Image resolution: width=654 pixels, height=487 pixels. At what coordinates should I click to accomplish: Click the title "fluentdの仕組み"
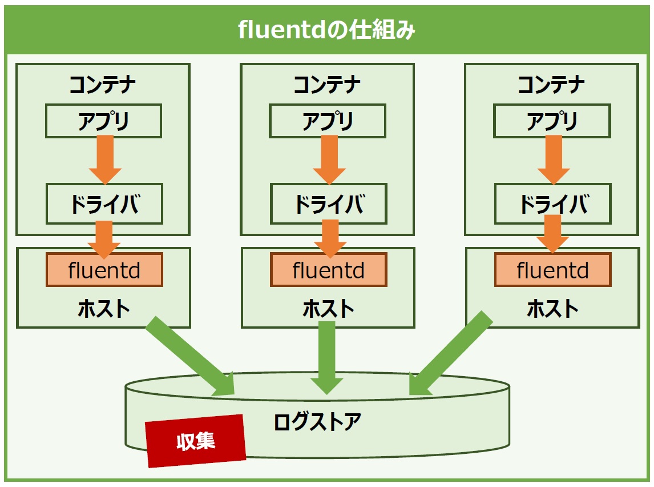point(326,30)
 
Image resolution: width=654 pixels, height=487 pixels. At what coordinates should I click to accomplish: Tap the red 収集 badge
point(195,441)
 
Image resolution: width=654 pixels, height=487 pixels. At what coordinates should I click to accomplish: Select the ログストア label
point(317,421)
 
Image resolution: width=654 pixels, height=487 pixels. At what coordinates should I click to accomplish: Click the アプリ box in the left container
point(103,121)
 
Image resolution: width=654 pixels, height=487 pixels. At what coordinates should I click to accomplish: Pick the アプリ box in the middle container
point(328,121)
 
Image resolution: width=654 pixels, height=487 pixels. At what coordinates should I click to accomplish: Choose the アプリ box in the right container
point(552,121)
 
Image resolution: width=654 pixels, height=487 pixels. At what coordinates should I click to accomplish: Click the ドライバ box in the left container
point(104,204)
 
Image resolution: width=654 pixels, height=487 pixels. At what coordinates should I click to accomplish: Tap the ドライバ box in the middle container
point(329,204)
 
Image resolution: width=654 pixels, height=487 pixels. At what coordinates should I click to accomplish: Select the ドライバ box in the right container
point(552,204)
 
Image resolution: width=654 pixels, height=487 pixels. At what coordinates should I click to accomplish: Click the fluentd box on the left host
point(104,270)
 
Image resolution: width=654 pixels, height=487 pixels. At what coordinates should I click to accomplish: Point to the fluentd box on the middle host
point(329,270)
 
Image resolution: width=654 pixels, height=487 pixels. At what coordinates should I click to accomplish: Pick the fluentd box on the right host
point(552,270)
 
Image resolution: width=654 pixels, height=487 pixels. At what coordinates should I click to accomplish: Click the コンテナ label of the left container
point(103,85)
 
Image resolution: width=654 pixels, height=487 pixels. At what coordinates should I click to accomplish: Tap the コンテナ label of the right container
point(551,85)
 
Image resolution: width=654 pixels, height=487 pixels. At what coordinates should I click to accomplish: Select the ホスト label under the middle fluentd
point(328,309)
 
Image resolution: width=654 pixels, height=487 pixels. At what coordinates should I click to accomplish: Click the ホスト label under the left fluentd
point(104,309)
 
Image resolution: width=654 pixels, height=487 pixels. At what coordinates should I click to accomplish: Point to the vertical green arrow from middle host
point(327,358)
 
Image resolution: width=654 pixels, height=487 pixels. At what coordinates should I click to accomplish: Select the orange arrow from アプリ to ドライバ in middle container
point(329,160)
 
